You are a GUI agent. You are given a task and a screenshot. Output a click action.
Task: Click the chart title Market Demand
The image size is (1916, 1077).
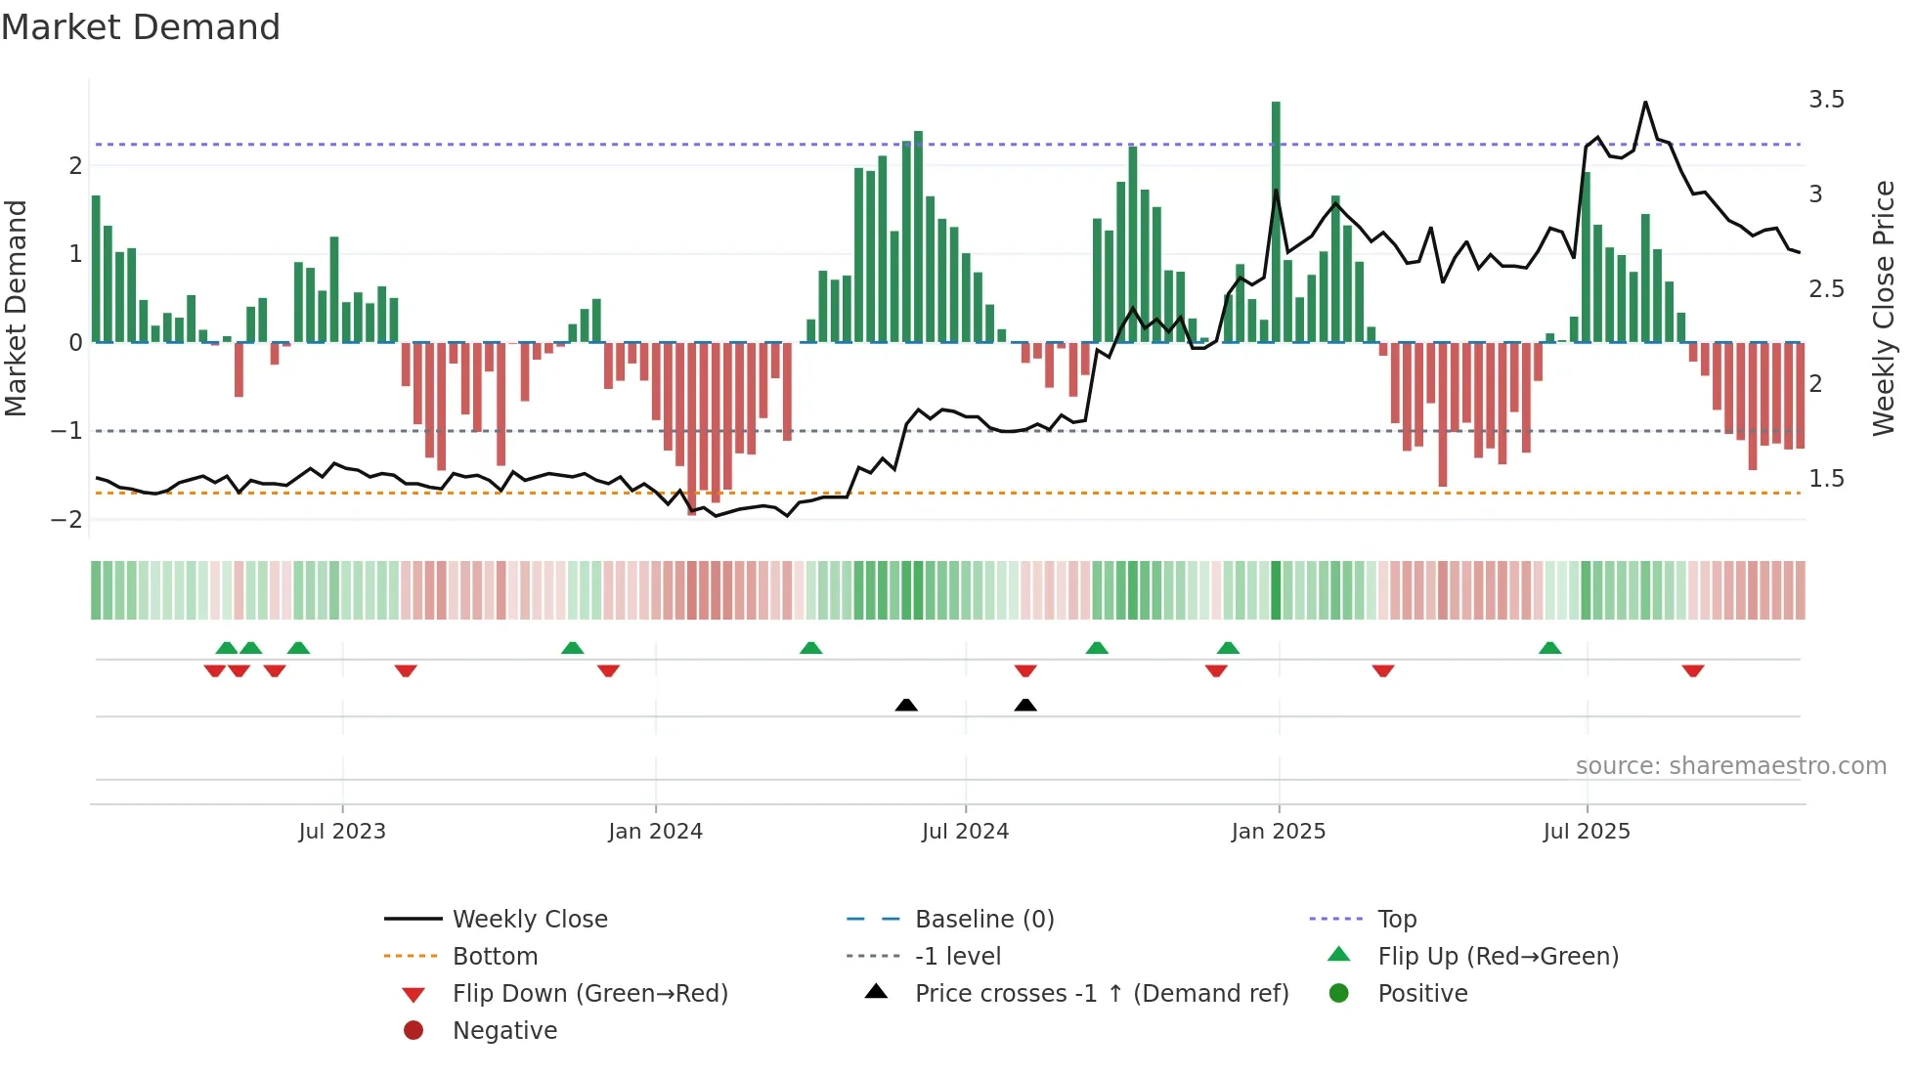[141, 26]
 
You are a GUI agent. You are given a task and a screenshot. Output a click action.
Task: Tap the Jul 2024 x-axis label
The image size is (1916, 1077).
[965, 831]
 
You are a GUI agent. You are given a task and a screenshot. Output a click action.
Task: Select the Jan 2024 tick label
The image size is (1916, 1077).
[655, 831]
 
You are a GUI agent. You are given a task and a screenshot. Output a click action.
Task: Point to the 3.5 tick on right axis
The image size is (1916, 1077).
[1826, 100]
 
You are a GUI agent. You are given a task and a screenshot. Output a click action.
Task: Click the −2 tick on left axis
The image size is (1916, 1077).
[66, 519]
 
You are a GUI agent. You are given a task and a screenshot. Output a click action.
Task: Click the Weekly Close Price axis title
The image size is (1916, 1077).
[1883, 308]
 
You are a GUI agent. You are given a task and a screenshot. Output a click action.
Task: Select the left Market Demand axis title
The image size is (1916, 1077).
[17, 308]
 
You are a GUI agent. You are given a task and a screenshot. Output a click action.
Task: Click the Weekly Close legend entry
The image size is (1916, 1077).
[529, 919]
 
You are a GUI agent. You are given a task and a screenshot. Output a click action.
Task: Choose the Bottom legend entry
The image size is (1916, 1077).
[495, 956]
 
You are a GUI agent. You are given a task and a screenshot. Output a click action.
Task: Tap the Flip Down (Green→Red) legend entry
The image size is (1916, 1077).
[589, 993]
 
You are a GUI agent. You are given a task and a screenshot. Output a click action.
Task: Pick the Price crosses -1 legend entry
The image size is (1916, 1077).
[1101, 993]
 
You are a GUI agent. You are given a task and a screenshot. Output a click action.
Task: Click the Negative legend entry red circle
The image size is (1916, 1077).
[414, 1030]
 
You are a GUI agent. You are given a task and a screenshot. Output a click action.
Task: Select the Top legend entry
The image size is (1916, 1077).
[1396, 919]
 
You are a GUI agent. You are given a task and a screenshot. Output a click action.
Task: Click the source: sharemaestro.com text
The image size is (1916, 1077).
[1730, 765]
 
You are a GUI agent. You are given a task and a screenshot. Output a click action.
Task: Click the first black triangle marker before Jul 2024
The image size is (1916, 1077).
[906, 705]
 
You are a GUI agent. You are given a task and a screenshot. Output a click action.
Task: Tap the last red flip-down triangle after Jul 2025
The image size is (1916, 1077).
[1693, 670]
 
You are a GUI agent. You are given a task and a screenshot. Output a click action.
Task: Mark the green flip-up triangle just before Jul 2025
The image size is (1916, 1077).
[1549, 648]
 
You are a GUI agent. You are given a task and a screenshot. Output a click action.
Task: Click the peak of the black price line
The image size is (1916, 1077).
[1645, 102]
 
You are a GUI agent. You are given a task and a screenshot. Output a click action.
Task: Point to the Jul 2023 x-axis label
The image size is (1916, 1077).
[342, 831]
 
